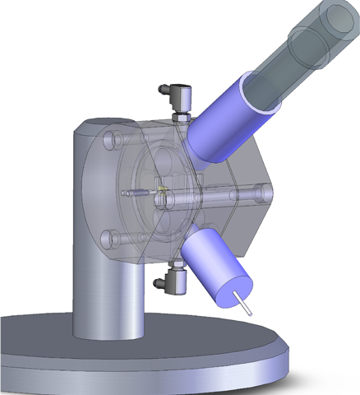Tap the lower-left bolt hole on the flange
point(108,239)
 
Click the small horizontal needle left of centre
point(136,194)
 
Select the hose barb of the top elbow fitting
point(164,87)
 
